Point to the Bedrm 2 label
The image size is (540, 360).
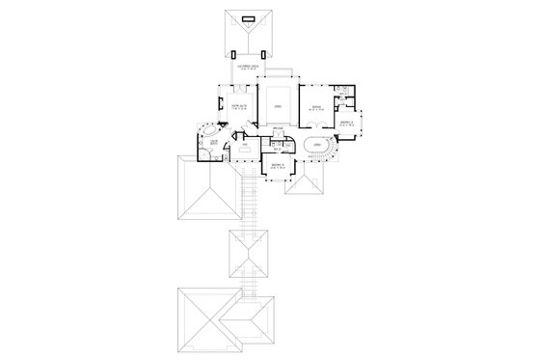(x=345, y=123)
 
